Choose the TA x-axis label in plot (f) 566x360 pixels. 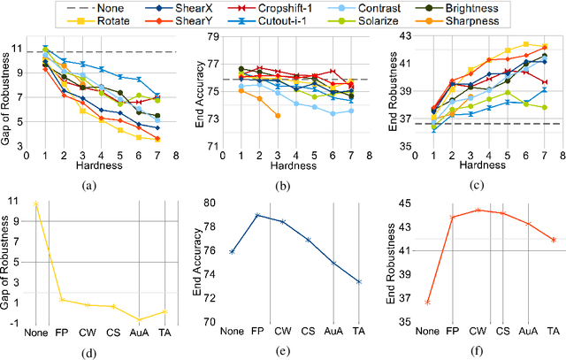coord(553,331)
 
